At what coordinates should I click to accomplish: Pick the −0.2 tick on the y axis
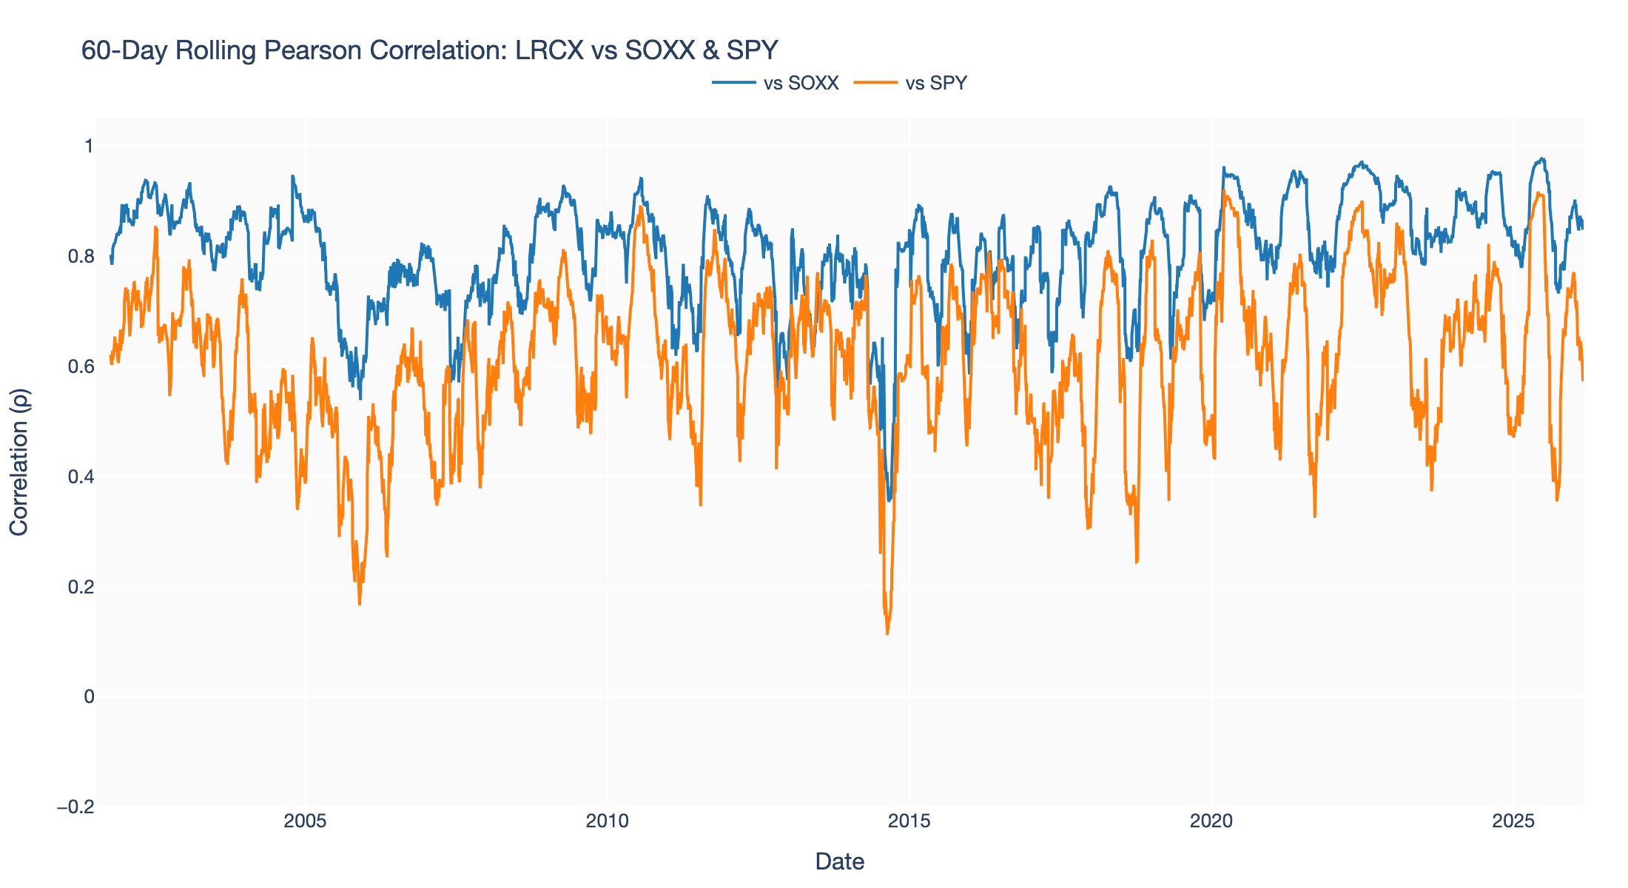[x=76, y=807]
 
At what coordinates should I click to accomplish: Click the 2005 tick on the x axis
[x=305, y=821]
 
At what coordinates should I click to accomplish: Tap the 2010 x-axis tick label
[x=607, y=821]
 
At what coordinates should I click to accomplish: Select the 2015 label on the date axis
[x=909, y=821]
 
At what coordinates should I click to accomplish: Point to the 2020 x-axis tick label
[x=1211, y=821]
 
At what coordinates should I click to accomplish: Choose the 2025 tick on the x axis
[x=1514, y=821]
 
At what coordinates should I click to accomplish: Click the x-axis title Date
[x=839, y=861]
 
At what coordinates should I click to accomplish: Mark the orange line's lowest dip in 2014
[x=887, y=633]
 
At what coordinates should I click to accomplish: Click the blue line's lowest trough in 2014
[x=889, y=500]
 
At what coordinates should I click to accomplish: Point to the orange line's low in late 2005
[x=360, y=605]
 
